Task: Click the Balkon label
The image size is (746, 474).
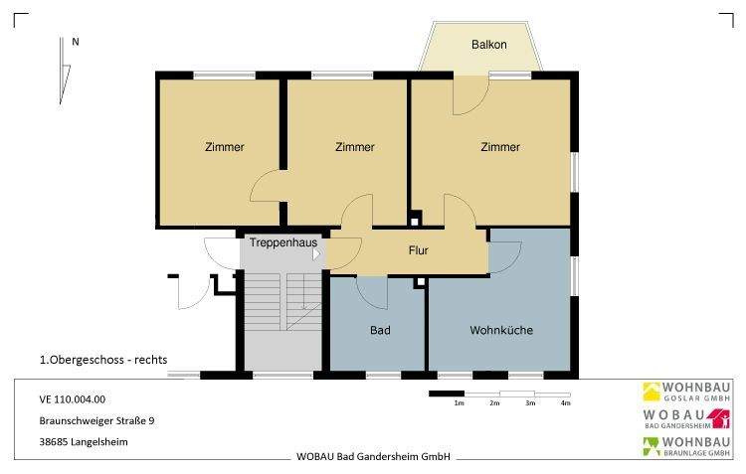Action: tap(489, 45)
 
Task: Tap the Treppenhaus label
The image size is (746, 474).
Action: tap(283, 242)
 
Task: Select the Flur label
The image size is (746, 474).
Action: tap(418, 250)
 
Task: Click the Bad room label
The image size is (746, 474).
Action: tap(380, 330)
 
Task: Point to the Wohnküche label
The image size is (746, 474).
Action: tap(501, 330)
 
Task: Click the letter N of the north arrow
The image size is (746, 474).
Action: tap(76, 42)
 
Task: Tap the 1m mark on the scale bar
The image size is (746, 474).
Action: tap(459, 403)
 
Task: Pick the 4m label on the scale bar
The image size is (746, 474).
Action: tap(565, 403)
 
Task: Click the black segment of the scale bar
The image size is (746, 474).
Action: tap(447, 394)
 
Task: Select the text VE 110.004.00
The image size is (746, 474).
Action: tap(73, 399)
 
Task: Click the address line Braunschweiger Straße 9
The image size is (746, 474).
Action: tap(97, 420)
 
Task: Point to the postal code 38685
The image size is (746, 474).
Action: tap(54, 441)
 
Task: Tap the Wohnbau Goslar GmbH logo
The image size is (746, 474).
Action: tap(686, 392)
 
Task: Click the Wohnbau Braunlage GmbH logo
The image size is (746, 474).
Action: tap(686, 447)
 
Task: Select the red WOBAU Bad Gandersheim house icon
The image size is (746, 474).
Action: tap(721, 418)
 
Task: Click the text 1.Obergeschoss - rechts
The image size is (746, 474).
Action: tap(103, 360)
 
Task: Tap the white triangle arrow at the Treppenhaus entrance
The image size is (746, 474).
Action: tap(316, 254)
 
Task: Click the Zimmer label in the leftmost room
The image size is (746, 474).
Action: tap(225, 147)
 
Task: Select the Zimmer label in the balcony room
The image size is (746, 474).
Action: tap(500, 147)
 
